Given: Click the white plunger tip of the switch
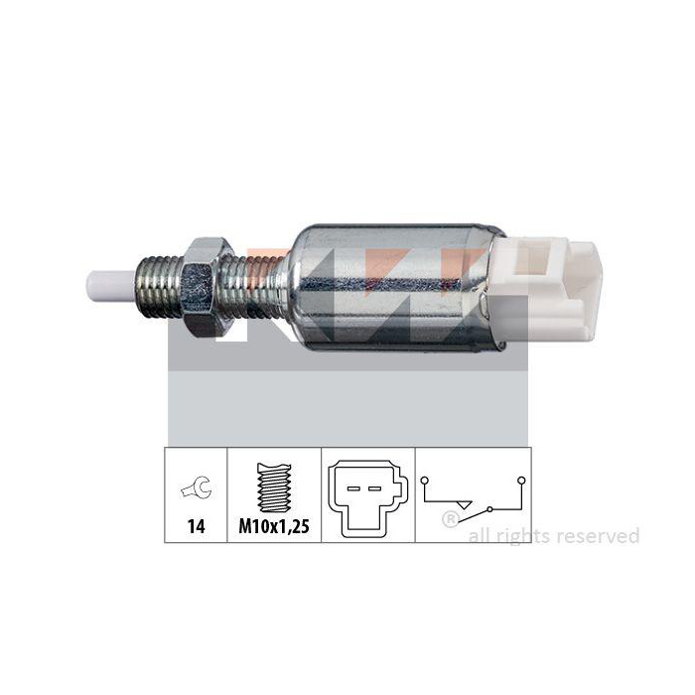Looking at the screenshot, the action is tap(111, 286).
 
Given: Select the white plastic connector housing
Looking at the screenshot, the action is tap(544, 290).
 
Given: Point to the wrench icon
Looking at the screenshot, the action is tap(197, 487).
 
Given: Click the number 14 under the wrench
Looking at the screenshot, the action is tap(197, 526).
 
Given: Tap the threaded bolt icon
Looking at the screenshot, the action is tap(274, 487).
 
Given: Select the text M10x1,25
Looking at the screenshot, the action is tap(274, 526).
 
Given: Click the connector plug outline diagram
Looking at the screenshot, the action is tap(367, 498).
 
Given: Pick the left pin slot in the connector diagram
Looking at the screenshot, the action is tap(353, 488).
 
